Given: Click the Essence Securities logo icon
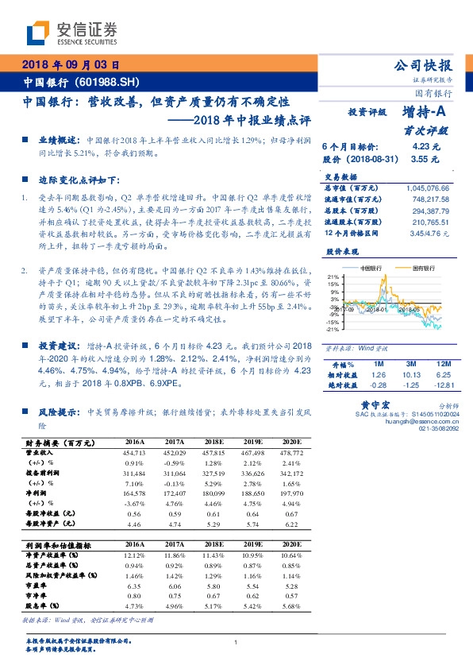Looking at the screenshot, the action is pyautogui.click(x=37, y=33).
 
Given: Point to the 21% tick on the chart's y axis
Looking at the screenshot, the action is pyautogui.click(x=333, y=278).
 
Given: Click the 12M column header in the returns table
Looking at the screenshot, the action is pyautogui.click(x=442, y=363).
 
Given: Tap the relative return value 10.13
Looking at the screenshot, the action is pyautogui.click(x=410, y=374).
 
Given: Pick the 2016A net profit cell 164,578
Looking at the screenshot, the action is pyautogui.click(x=134, y=493).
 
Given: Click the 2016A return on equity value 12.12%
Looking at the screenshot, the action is pyautogui.click(x=134, y=554).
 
